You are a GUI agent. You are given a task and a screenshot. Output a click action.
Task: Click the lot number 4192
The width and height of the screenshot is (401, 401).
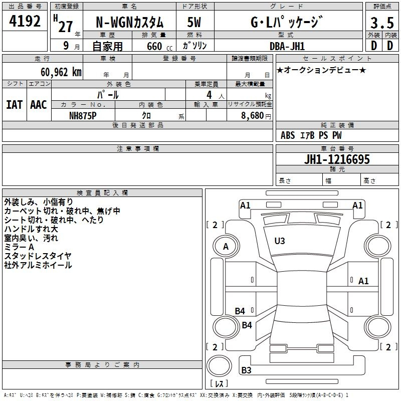click(x=25, y=21)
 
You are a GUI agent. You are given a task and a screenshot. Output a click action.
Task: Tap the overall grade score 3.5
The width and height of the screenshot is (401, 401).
click(x=382, y=23)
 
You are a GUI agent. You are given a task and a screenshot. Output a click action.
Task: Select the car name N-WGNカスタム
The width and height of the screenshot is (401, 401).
click(x=129, y=23)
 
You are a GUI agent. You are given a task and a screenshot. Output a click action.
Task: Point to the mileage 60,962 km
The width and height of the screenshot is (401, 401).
click(x=61, y=72)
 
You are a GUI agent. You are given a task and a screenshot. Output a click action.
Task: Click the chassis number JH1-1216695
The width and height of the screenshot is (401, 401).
click(x=337, y=159)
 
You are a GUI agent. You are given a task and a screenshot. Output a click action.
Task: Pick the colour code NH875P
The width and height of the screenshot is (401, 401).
click(x=83, y=116)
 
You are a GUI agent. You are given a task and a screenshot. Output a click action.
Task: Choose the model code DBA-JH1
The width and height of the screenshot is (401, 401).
click(x=287, y=46)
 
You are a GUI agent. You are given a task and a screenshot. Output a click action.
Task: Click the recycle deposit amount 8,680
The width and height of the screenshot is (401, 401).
click(x=253, y=116)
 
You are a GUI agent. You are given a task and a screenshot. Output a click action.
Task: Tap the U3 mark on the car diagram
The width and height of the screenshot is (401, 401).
click(x=280, y=241)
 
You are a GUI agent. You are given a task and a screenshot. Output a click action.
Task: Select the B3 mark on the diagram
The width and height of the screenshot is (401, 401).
click(x=246, y=370)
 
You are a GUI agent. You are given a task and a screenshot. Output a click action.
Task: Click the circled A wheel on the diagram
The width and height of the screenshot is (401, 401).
click(x=226, y=247)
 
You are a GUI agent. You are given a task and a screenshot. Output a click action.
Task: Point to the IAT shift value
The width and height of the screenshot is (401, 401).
click(x=15, y=105)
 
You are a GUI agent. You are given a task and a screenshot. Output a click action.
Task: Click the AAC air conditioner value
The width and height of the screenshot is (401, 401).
click(x=39, y=105)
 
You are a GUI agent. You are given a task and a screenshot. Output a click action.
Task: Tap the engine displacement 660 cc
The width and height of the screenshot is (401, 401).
click(x=160, y=46)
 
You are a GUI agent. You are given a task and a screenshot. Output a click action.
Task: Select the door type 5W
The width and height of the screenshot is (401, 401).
click(x=194, y=23)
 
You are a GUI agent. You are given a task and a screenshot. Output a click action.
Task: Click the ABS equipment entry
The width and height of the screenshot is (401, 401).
click(x=288, y=135)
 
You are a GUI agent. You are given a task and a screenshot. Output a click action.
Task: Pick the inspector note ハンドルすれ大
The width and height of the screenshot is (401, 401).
click(x=31, y=229)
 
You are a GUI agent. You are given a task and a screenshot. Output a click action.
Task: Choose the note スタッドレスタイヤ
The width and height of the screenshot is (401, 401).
click(x=38, y=256)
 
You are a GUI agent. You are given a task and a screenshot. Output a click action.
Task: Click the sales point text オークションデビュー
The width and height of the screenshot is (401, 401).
click(x=321, y=70)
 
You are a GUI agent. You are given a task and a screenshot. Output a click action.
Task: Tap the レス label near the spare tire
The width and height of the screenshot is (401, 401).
click(x=219, y=383)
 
